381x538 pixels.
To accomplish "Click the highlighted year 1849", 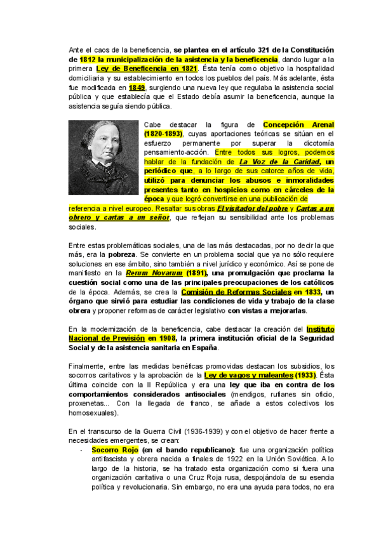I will point(137,88).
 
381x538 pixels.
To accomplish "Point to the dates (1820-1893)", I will point(163,134).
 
